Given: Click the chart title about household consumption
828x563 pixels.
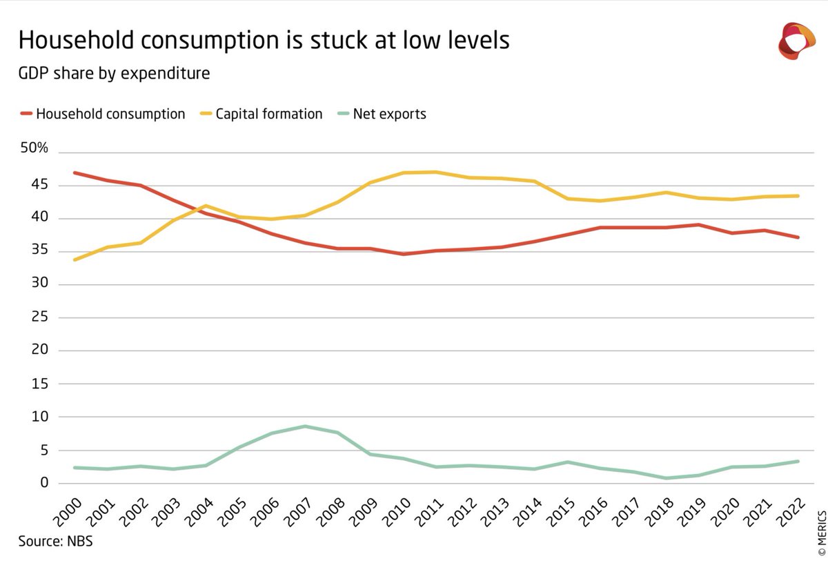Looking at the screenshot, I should point(264,40).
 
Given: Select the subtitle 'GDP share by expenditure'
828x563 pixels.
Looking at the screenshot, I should point(114,72).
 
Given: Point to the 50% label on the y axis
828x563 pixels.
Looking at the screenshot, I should point(34,149).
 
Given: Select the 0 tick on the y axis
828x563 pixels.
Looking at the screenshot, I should point(44,483).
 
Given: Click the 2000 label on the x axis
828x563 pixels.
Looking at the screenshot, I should point(66,513).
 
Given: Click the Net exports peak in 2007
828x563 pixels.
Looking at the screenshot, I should point(305,426).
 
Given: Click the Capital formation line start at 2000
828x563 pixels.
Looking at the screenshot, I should point(74,259).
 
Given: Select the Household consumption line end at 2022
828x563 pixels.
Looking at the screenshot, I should point(798,237).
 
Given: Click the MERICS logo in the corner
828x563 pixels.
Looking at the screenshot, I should point(796,41).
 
